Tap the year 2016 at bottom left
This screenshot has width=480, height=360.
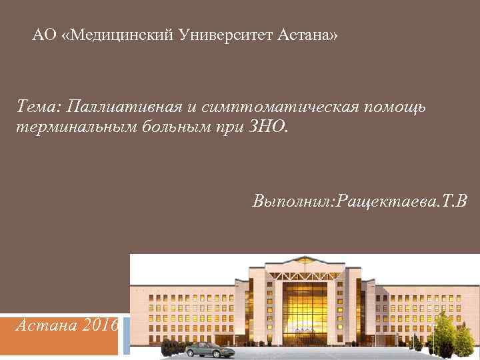(x=102, y=326)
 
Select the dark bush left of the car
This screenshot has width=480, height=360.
(x=172, y=347)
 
